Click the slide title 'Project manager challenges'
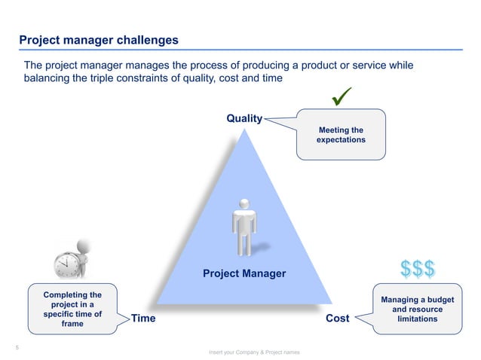coord(98,39)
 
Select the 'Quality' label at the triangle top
coord(244,118)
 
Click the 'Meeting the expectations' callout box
coord(341,135)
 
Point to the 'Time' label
coord(144,319)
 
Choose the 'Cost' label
coord(337,319)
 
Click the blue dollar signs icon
coord(417,268)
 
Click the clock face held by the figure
coord(66,264)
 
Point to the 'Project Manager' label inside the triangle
coord(244,273)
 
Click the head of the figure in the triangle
coord(244,203)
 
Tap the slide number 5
coord(17,347)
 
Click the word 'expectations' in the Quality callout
coord(341,140)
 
